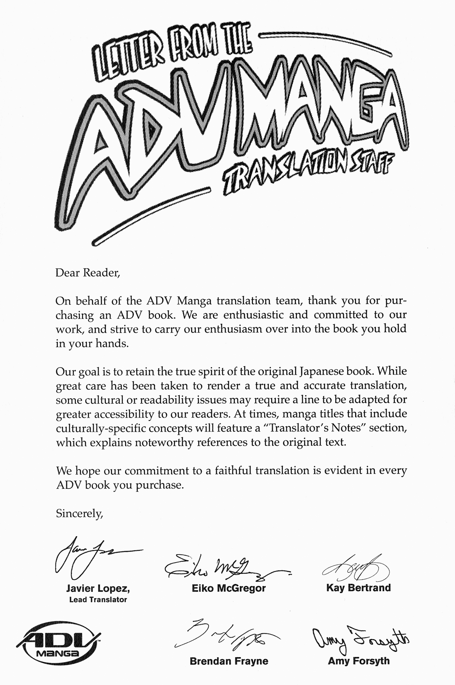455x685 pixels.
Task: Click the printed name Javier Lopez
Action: pyautogui.click(x=98, y=588)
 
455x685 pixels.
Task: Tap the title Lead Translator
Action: pyautogui.click(x=98, y=600)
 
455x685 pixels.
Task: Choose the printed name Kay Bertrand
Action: pyautogui.click(x=358, y=588)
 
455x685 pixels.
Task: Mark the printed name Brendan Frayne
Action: pyautogui.click(x=229, y=661)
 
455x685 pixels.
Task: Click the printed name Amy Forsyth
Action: pyautogui.click(x=358, y=661)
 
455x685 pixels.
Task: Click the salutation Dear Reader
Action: pyautogui.click(x=87, y=272)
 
